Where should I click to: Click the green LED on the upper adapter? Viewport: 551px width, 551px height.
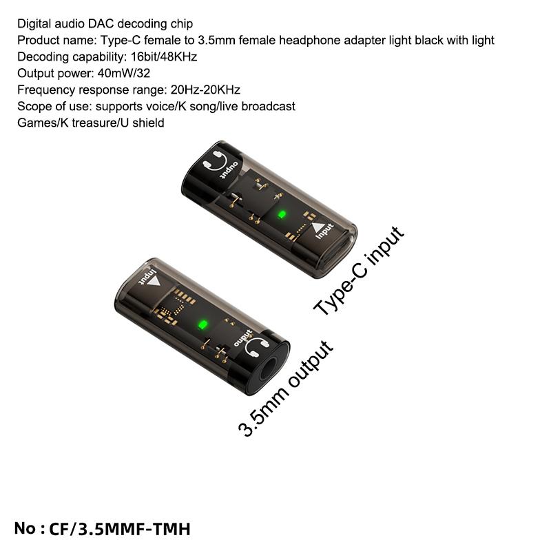[x=281, y=214]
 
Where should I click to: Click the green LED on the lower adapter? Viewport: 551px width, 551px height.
[x=202, y=324]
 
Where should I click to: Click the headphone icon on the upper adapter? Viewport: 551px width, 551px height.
[x=216, y=160]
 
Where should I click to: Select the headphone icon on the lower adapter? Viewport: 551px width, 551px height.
[x=257, y=348]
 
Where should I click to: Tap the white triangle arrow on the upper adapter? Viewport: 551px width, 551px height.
[x=318, y=228]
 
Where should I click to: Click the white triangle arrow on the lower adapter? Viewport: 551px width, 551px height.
[x=154, y=282]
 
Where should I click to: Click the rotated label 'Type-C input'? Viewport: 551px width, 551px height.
[x=359, y=271]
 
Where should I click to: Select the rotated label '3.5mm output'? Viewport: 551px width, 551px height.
[x=285, y=388]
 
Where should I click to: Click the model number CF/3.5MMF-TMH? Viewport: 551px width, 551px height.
[x=119, y=529]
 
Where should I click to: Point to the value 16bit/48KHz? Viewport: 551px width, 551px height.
[x=164, y=56]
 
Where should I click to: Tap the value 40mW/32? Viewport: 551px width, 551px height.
[x=124, y=73]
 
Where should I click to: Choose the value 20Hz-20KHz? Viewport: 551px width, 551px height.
[x=205, y=90]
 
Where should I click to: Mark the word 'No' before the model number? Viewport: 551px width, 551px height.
[x=25, y=528]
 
